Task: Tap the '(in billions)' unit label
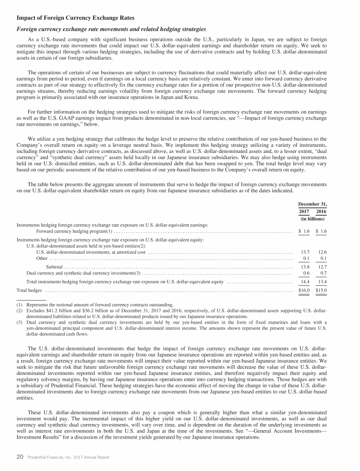[x=312, y=219]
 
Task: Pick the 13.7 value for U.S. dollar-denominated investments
[x=305, y=252]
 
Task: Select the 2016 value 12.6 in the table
[x=322, y=252]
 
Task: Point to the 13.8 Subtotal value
[x=305, y=266]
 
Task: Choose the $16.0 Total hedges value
[x=304, y=290]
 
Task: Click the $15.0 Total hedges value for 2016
[x=321, y=290]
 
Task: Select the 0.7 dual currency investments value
[x=323, y=273]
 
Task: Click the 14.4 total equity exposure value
[x=305, y=281]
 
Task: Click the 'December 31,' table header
[x=312, y=204]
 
